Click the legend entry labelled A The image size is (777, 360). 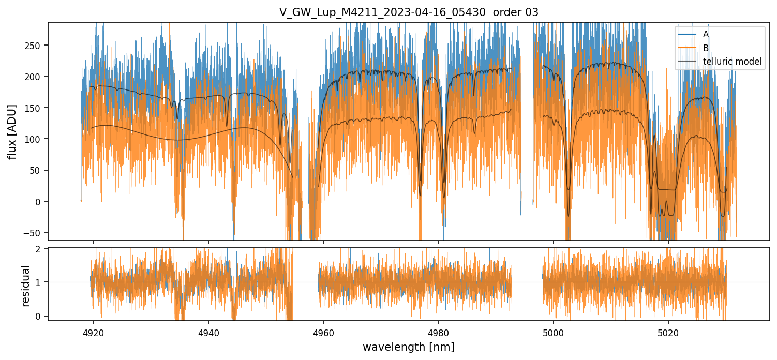tap(706, 34)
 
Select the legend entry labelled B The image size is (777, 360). tap(706, 48)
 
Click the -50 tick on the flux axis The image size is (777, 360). tap(35, 233)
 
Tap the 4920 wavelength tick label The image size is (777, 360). tap(93, 331)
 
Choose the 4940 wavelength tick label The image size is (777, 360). tap(208, 331)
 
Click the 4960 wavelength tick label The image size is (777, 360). tap(323, 331)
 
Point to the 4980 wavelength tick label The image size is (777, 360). tap(439, 331)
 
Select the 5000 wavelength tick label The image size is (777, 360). tap(554, 331)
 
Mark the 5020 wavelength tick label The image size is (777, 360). tap(668, 331)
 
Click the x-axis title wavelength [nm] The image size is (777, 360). tap(408, 347)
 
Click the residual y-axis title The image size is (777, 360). tap(26, 286)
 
